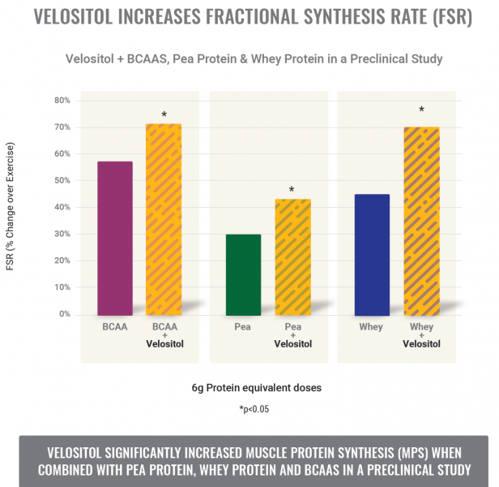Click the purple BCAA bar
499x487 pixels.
tap(114, 238)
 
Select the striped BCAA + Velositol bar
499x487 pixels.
tap(163, 219)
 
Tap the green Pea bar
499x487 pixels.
tap(243, 274)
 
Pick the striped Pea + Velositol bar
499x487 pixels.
tap(292, 256)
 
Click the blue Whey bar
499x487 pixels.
tap(372, 254)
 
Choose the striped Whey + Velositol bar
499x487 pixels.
tap(421, 221)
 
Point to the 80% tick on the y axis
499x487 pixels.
tap(62, 101)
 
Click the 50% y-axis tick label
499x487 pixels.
tap(62, 181)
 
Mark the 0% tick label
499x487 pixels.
tap(65, 314)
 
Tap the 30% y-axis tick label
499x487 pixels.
tap(62, 235)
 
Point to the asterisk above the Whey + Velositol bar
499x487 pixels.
tap(421, 110)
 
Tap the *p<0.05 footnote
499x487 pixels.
tap(254, 409)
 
